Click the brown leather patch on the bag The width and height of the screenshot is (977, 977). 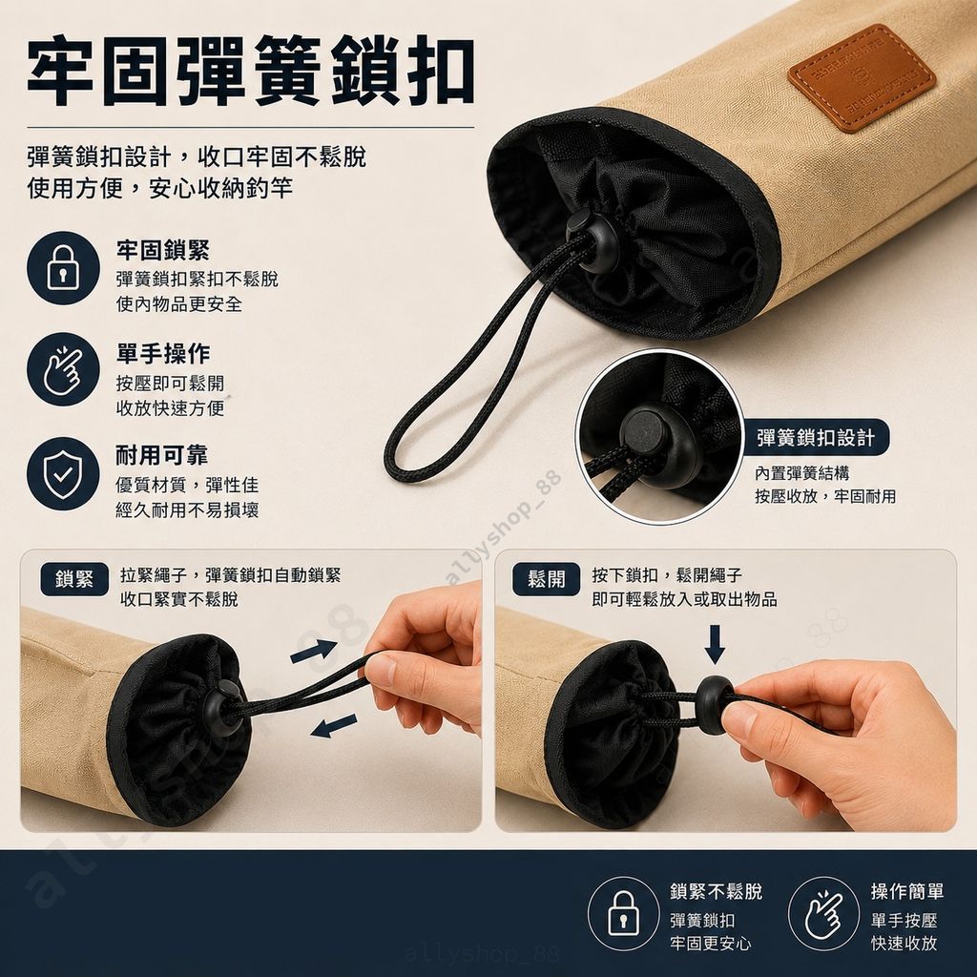[862, 77]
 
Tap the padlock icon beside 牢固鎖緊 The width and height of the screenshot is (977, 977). [63, 268]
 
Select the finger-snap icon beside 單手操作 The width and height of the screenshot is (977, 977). [63, 369]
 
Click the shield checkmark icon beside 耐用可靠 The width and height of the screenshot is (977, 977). [63, 473]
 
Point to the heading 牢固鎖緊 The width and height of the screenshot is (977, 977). [162, 251]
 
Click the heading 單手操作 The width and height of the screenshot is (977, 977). [162, 353]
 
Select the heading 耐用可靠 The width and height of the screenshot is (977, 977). [162, 455]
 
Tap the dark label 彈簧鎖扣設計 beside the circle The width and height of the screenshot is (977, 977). [816, 437]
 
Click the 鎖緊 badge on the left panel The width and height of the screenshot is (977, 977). [74, 579]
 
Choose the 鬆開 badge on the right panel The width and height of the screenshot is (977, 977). [547, 579]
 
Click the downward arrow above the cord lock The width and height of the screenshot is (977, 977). [715, 644]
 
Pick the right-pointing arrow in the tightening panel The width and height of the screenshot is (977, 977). [313, 650]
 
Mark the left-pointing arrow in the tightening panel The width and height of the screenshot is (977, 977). [333, 726]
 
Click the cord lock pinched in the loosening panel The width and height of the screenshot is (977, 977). [715, 703]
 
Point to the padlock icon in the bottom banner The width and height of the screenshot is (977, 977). [623, 913]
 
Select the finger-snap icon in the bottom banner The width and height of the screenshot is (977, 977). [823, 913]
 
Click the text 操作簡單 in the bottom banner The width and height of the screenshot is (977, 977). [907, 892]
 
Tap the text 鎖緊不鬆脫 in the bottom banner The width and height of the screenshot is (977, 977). [716, 892]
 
